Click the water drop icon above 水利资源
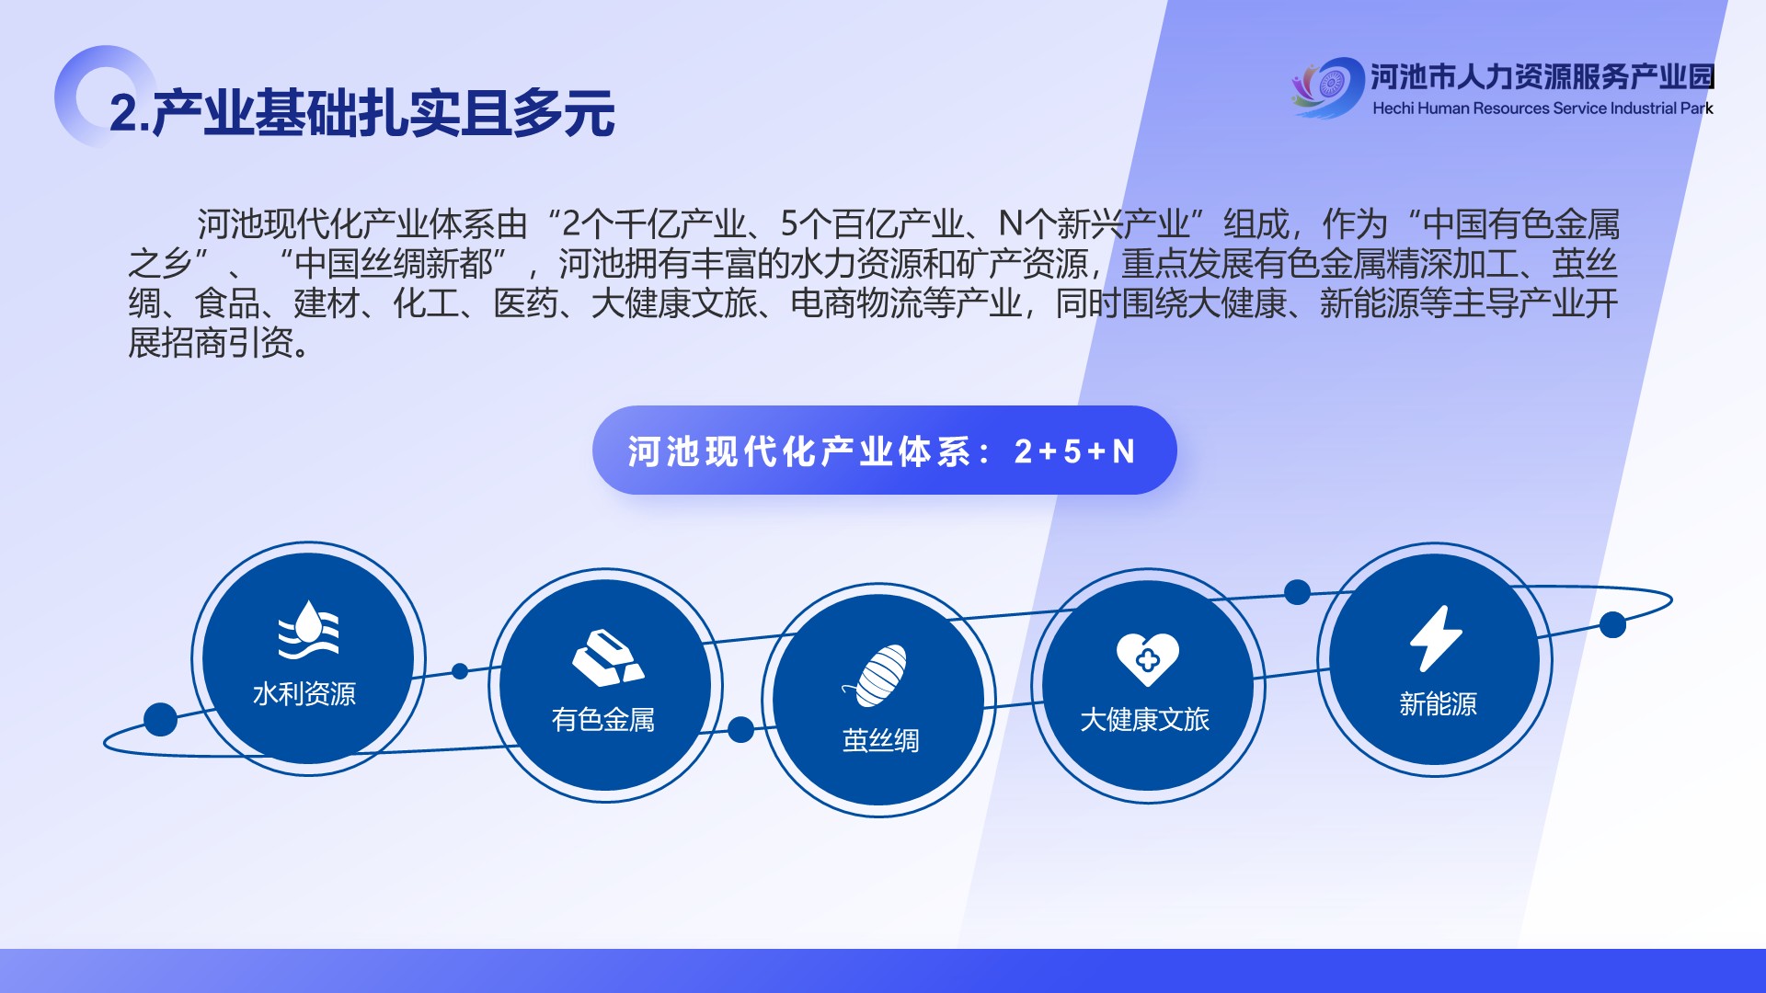point(309,630)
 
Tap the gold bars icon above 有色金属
point(607,657)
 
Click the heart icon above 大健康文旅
point(1147,658)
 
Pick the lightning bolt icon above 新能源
point(1436,638)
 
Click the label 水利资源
point(304,694)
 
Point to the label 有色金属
point(603,720)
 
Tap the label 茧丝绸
point(880,741)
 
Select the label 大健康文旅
point(1144,720)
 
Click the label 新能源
point(1438,705)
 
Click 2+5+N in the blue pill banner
point(1074,451)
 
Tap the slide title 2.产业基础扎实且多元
point(361,113)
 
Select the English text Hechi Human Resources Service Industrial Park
point(1542,108)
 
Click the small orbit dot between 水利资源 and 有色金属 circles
point(460,671)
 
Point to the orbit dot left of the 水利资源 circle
point(160,720)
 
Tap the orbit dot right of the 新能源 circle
point(1612,625)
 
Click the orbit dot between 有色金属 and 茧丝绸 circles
point(740,730)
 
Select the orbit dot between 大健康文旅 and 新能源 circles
point(1297,592)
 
